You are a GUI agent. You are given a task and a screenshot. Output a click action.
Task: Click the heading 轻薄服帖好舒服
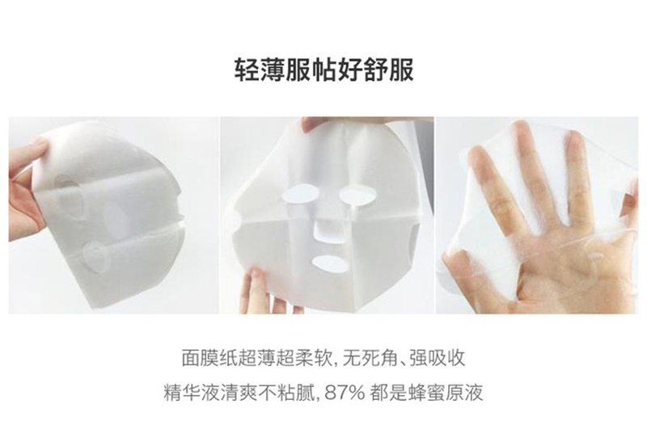coord(324,69)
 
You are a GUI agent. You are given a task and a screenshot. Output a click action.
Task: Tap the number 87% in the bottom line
coord(345,392)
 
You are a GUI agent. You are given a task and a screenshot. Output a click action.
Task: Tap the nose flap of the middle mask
coord(326,232)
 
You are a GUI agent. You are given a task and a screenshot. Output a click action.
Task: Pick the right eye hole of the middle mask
coord(357,194)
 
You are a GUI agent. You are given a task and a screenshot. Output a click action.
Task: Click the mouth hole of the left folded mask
coord(98,255)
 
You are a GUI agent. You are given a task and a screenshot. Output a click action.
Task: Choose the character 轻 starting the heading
coord(247,69)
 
